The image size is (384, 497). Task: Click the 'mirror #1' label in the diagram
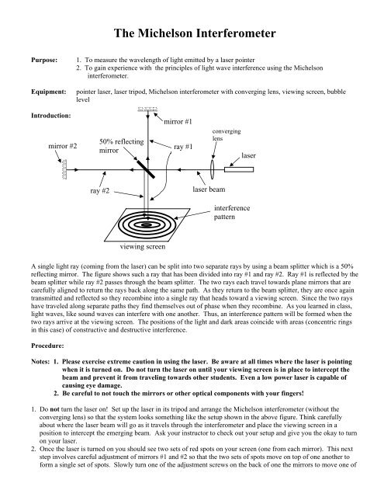(x=179, y=122)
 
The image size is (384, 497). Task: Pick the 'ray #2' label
(x=101, y=189)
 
